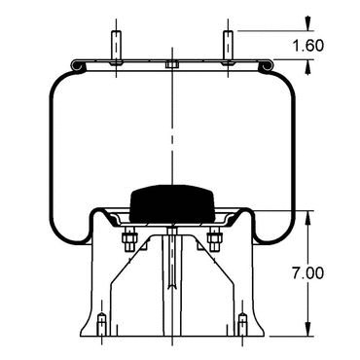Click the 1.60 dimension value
tap(308, 46)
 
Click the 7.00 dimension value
tap(308, 273)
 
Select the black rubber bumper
tap(172, 204)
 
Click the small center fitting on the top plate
tap(172, 64)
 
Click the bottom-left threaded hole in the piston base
tap(102, 324)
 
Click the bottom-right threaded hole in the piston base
tap(242, 324)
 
